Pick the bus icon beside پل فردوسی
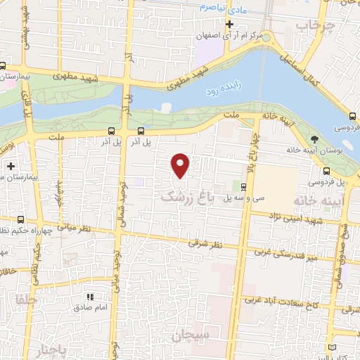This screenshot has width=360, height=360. pos(326,171)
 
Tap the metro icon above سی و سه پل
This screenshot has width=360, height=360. pos(243,187)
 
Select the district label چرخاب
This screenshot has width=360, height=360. pos(312,27)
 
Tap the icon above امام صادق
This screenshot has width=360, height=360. pos(89,297)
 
